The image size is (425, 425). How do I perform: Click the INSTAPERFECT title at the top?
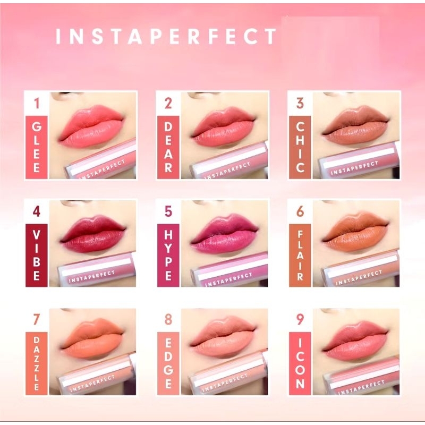tap(166, 36)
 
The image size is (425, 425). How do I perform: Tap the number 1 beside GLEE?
tap(37, 103)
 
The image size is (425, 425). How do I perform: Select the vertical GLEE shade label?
tap(37, 147)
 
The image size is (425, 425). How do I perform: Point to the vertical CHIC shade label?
tap(300, 147)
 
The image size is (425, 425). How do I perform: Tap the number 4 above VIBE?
tap(37, 212)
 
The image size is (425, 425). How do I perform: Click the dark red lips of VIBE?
tap(93, 234)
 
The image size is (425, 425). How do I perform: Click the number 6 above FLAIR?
tap(300, 212)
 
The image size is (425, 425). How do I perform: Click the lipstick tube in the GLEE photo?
tap(101, 162)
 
